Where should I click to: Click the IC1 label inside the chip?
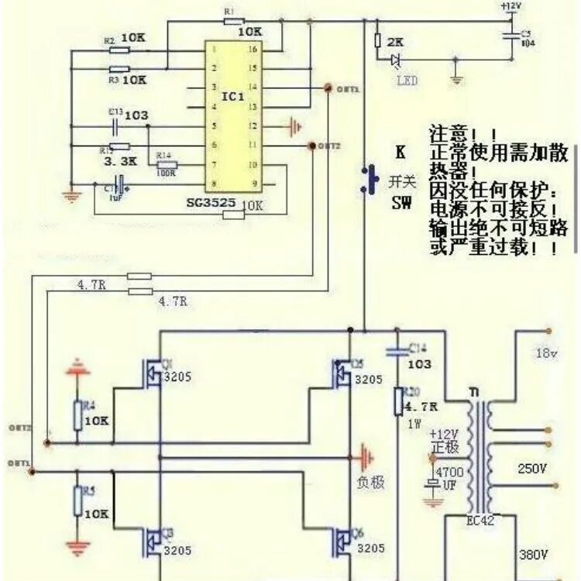pyautogui.click(x=232, y=98)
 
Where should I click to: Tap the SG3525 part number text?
pyautogui.click(x=212, y=204)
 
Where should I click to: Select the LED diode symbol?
pyautogui.click(x=397, y=60)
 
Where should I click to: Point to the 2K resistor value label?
pyautogui.click(x=395, y=41)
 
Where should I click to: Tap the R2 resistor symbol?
pyautogui.click(x=119, y=50)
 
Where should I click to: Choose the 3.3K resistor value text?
pyautogui.click(x=120, y=163)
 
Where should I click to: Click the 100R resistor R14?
pyautogui.click(x=167, y=165)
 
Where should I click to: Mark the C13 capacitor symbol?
pyautogui.click(x=117, y=125)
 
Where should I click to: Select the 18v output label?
pyautogui.click(x=546, y=353)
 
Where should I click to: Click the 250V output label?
pyautogui.click(x=532, y=469)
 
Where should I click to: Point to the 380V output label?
pyautogui.click(x=533, y=555)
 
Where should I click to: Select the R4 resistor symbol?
pyautogui.click(x=77, y=415)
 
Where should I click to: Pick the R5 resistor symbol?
pyautogui.click(x=77, y=501)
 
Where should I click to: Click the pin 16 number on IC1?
pyautogui.click(x=252, y=49)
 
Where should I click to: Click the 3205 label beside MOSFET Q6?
pyautogui.click(x=370, y=548)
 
